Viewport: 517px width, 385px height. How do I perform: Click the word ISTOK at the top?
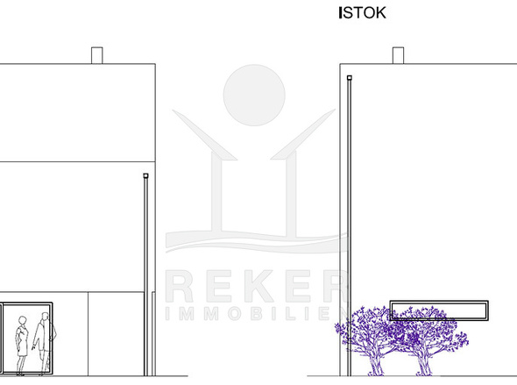(363, 13)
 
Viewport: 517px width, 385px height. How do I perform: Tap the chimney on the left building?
(97, 55)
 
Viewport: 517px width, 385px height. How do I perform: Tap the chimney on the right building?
(399, 55)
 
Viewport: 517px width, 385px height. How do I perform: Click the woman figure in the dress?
(22, 346)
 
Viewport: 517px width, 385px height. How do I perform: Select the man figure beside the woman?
(44, 344)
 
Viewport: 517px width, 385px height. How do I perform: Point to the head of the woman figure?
(22, 320)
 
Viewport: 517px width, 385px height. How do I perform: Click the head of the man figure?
(45, 317)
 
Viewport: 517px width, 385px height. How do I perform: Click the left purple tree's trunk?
(376, 365)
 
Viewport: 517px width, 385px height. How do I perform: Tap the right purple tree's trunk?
(424, 365)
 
